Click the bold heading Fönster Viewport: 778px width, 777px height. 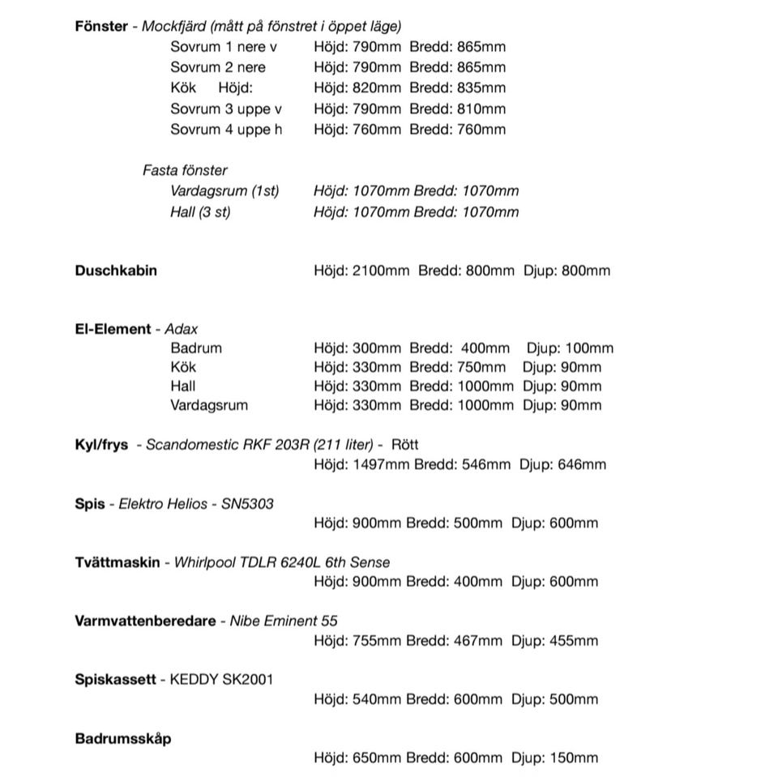point(101,26)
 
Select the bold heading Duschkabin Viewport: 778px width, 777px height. point(116,270)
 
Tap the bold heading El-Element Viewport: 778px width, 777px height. point(113,329)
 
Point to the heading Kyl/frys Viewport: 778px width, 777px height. point(101,445)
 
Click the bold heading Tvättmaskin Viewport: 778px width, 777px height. point(118,562)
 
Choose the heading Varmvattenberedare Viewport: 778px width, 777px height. point(145,621)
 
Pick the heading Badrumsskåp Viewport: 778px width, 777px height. point(123,739)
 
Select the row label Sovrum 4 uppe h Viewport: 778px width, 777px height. point(226,130)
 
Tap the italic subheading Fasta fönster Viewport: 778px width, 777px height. point(185,170)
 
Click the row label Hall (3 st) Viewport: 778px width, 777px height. point(200,212)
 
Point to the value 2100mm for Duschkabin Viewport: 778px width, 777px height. point(381,270)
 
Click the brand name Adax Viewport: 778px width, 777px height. point(181,329)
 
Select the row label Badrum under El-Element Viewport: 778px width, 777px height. point(196,348)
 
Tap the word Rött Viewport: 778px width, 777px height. point(405,445)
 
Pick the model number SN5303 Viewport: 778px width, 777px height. point(247,504)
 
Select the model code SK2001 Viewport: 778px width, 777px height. point(247,680)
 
